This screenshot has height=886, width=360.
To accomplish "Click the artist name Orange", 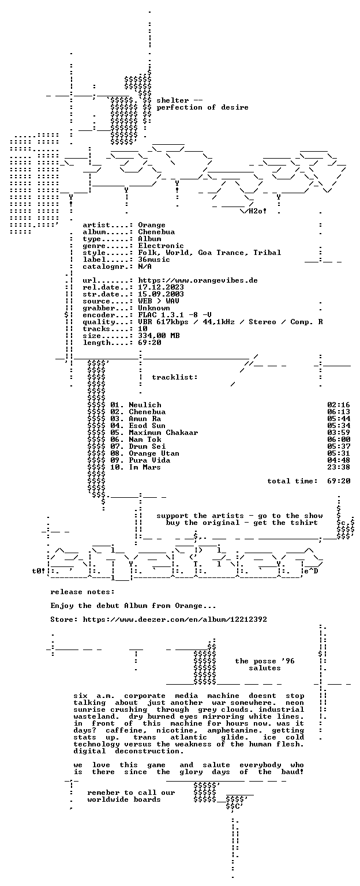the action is [152, 225].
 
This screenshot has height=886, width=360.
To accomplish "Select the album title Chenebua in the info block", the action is [156, 232].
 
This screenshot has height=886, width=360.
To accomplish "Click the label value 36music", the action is [154, 260].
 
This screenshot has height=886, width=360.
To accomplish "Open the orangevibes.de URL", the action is [198, 280].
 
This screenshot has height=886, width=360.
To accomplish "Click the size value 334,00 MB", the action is [159, 335].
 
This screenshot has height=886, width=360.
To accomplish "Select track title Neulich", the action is [145, 405].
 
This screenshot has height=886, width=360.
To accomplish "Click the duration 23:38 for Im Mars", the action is [339, 467].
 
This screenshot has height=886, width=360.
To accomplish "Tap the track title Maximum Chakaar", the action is [163, 433].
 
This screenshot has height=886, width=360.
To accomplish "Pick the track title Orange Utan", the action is [154, 453].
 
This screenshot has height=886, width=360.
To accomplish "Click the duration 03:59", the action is [339, 433].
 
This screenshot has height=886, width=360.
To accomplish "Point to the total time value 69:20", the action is [339, 481].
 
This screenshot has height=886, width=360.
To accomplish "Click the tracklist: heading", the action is [174, 377].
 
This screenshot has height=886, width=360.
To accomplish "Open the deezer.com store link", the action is [175, 620].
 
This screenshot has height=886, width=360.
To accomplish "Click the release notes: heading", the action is [82, 592].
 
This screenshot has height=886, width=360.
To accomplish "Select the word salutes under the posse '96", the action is [265, 668].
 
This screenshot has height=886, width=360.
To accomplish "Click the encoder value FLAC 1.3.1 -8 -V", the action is [174, 315].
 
